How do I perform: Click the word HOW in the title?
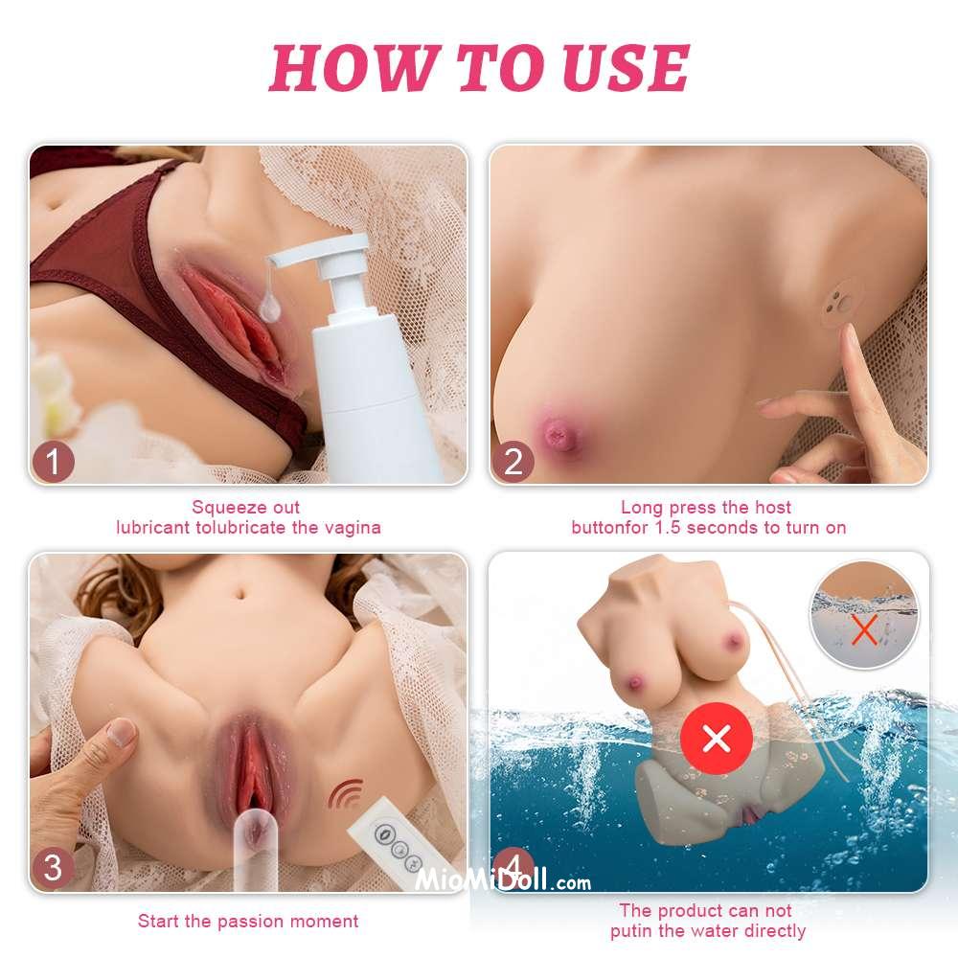tap(354, 67)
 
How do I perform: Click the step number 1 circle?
tap(53, 462)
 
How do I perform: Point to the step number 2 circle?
tap(513, 462)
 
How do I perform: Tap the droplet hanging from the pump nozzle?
tap(269, 307)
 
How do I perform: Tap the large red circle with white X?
tap(716, 739)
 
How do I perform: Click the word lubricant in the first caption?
tap(152, 527)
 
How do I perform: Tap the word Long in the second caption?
tap(642, 507)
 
